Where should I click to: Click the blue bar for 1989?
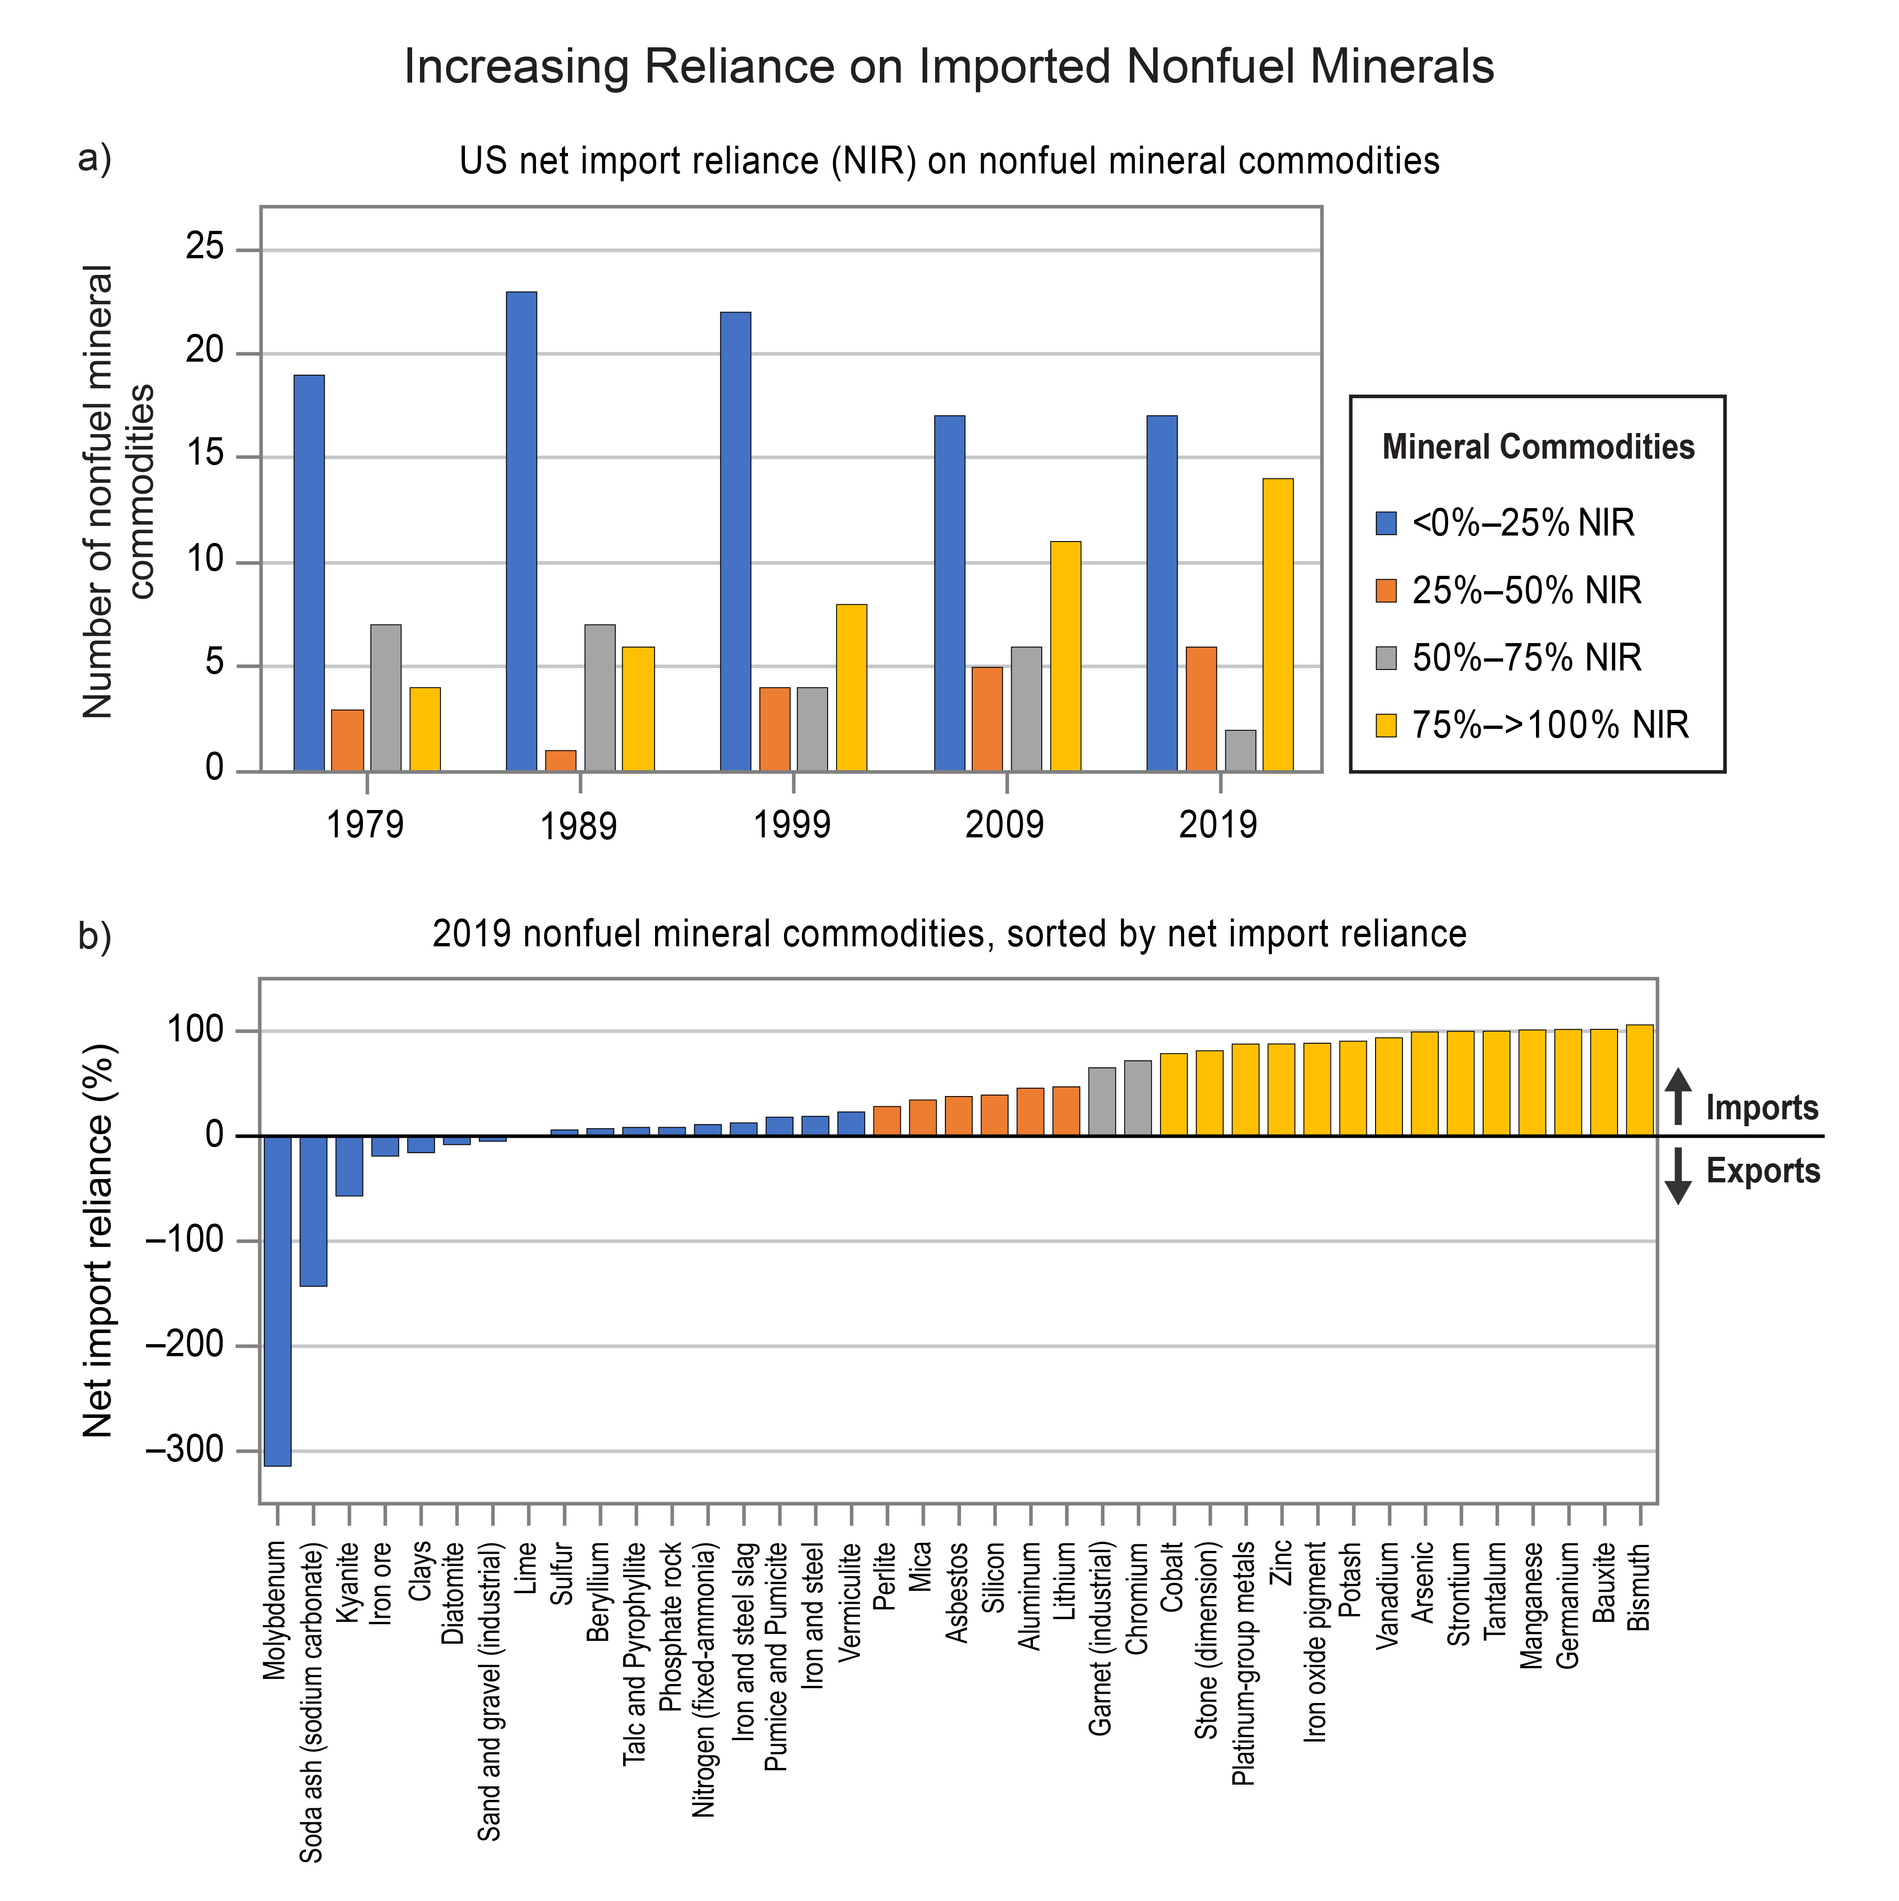[x=522, y=531]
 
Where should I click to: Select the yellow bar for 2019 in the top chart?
[x=1278, y=625]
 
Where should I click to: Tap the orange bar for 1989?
[x=561, y=760]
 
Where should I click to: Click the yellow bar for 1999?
[x=851, y=688]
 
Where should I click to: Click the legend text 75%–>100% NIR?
[x=1551, y=725]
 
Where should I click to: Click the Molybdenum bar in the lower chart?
[x=277, y=1301]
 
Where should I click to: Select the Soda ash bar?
[x=313, y=1211]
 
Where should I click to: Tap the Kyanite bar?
[x=349, y=1166]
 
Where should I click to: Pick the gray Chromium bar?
[x=1137, y=1098]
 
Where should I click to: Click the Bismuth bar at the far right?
[x=1639, y=1080]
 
